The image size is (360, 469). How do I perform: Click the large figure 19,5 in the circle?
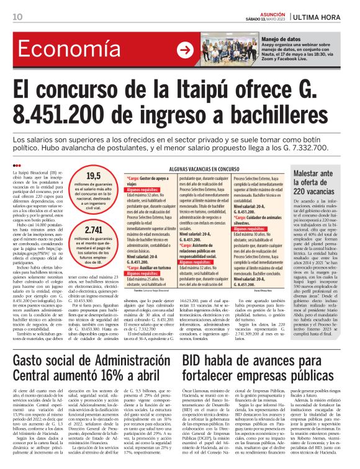tap(93, 176)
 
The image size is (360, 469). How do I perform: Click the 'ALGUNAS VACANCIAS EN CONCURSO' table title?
tap(203, 168)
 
